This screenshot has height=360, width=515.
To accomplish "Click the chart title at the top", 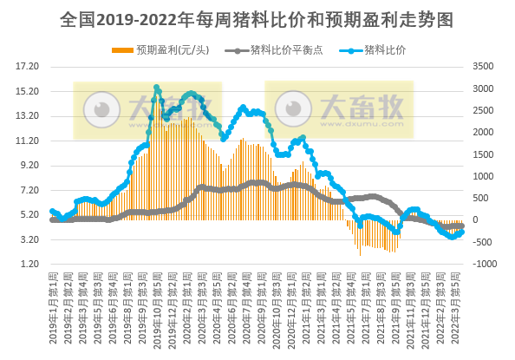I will (257, 18).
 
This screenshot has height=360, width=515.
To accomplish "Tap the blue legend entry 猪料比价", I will (384, 49).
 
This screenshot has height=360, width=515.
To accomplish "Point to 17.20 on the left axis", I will (29, 66).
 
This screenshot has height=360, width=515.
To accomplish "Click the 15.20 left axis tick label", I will (29, 91).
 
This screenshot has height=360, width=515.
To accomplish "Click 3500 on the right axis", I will (483, 66).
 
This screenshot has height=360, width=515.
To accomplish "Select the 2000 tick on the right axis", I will (483, 132).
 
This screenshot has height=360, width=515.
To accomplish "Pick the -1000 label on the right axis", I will (483, 264).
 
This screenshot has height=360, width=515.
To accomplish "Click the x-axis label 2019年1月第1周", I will (53, 307).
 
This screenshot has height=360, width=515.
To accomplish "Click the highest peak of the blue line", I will (157, 88).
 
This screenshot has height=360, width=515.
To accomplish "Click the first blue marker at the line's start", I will (52, 211).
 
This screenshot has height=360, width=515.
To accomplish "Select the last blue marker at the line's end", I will (462, 232).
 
